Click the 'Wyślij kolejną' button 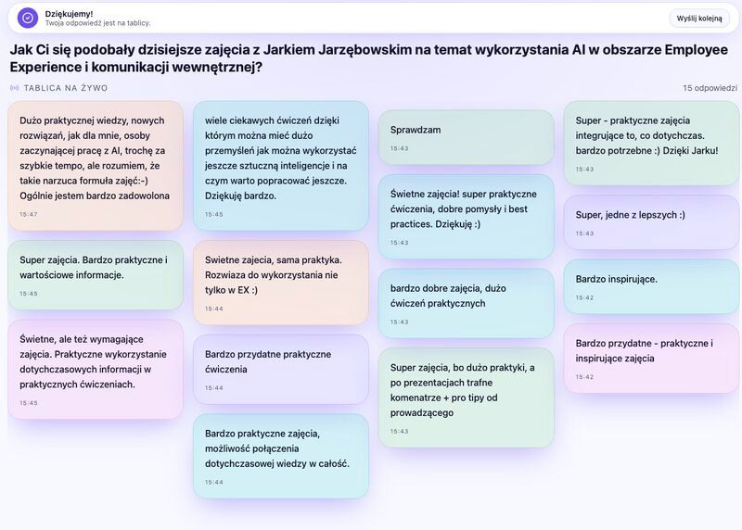point(699,19)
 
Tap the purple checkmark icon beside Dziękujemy point(28,18)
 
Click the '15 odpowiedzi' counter point(710,88)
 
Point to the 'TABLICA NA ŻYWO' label point(66,88)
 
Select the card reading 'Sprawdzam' point(467,137)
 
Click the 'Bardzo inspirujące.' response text point(616,279)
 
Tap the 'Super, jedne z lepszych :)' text point(630,215)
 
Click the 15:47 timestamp point(29,214)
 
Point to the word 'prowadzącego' point(422,412)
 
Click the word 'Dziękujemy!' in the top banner point(69,14)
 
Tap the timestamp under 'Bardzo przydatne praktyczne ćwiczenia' point(214,387)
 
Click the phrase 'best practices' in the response point(458,217)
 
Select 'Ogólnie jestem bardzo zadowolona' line point(95,196)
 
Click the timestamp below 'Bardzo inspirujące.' point(584,297)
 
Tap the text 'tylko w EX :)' point(231,290)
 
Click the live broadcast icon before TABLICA point(15,88)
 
